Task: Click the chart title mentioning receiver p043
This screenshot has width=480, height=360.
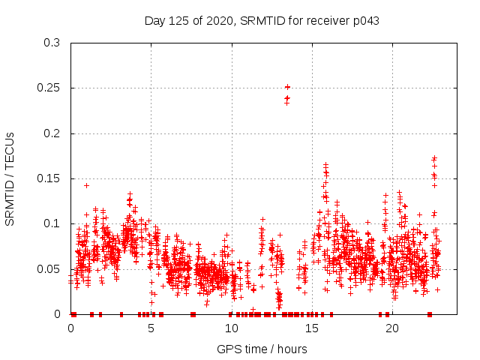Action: (x=262, y=21)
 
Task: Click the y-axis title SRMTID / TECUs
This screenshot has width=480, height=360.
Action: (x=10, y=178)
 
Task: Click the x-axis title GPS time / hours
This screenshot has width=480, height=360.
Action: (x=262, y=349)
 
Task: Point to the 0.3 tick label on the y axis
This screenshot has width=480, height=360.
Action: (x=52, y=43)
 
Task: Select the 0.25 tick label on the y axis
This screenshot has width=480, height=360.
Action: (x=49, y=88)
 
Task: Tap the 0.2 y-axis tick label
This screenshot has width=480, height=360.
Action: (x=52, y=133)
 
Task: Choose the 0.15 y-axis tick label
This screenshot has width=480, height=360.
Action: (x=49, y=178)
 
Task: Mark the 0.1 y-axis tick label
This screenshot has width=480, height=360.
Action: (x=52, y=223)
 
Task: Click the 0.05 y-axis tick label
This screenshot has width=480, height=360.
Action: (x=49, y=269)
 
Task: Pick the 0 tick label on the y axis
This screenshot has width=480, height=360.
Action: (x=58, y=314)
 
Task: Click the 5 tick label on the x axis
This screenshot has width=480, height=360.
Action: (x=151, y=328)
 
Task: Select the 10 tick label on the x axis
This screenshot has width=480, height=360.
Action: (x=232, y=328)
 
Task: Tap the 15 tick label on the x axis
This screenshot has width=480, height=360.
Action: (x=312, y=328)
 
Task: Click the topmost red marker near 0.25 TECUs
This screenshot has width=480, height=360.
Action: (x=287, y=87)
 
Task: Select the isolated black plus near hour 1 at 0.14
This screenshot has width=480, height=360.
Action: (x=87, y=184)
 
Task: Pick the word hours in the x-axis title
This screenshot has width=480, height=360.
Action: (x=291, y=349)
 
